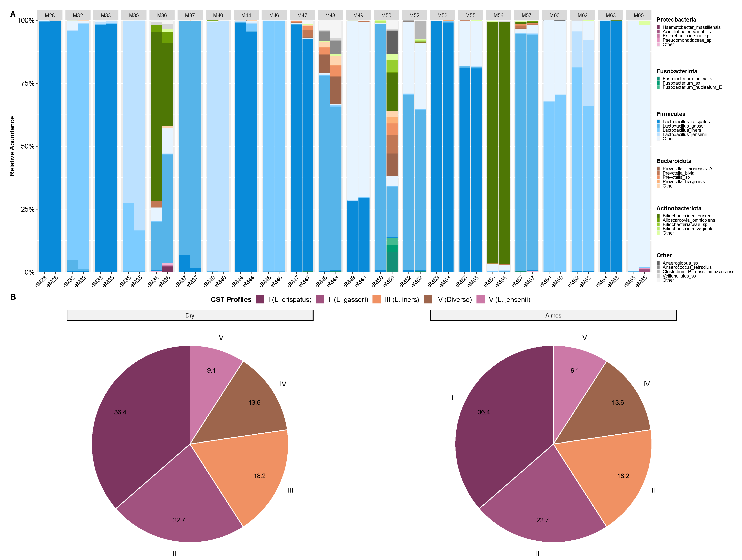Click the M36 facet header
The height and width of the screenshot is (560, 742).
coord(162,15)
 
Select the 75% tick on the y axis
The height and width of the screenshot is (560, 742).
coord(27,83)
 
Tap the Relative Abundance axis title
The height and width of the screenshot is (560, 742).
coord(12,146)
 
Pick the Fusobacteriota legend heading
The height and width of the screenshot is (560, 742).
coord(677,71)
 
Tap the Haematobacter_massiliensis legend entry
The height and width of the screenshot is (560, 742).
coord(691,27)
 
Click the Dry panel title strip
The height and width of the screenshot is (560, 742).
coord(190,315)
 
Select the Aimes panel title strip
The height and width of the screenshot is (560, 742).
coord(553,315)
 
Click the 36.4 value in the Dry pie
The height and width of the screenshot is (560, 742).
coord(120,412)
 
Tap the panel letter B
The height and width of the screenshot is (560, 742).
coord(13,297)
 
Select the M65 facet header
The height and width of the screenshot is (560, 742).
coord(638,15)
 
